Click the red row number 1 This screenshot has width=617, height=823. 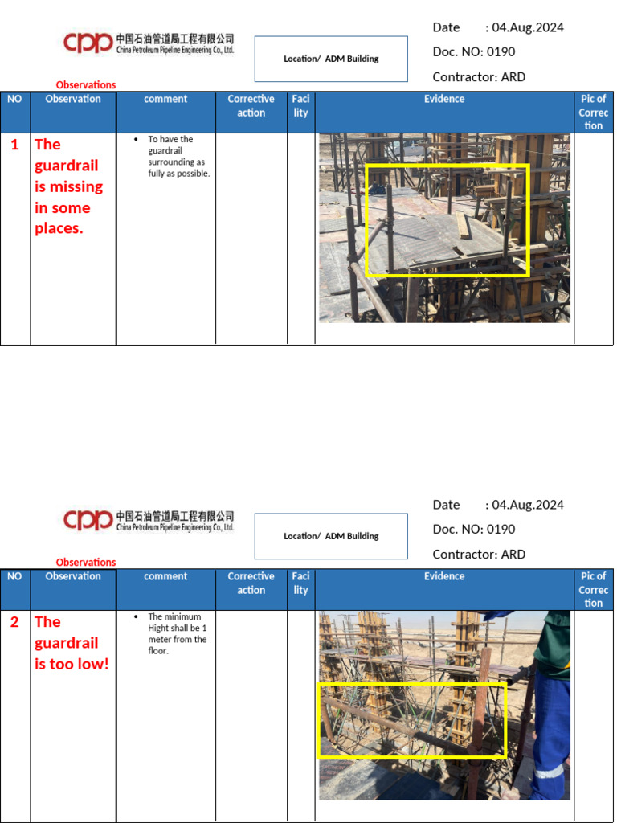point(14,145)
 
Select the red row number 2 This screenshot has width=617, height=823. point(14,622)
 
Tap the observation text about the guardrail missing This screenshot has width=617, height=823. point(68,186)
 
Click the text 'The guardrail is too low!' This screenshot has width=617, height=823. point(71,643)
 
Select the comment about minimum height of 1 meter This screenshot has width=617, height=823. point(177,634)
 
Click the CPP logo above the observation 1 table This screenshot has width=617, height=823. point(88,43)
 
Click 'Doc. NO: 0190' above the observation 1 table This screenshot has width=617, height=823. point(473,52)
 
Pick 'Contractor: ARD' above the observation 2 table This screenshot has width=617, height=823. point(479,555)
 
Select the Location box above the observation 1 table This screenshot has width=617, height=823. point(331,59)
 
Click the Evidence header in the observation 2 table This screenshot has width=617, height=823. point(444,576)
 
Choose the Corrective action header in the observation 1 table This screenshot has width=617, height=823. point(251,106)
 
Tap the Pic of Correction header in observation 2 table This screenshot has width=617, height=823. point(594,589)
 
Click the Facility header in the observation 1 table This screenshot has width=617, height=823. point(300,106)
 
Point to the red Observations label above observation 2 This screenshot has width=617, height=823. point(86,562)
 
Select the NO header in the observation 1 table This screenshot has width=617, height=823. point(14,99)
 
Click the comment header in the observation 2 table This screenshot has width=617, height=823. point(165,576)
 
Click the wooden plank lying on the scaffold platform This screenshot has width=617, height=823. point(464,226)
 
